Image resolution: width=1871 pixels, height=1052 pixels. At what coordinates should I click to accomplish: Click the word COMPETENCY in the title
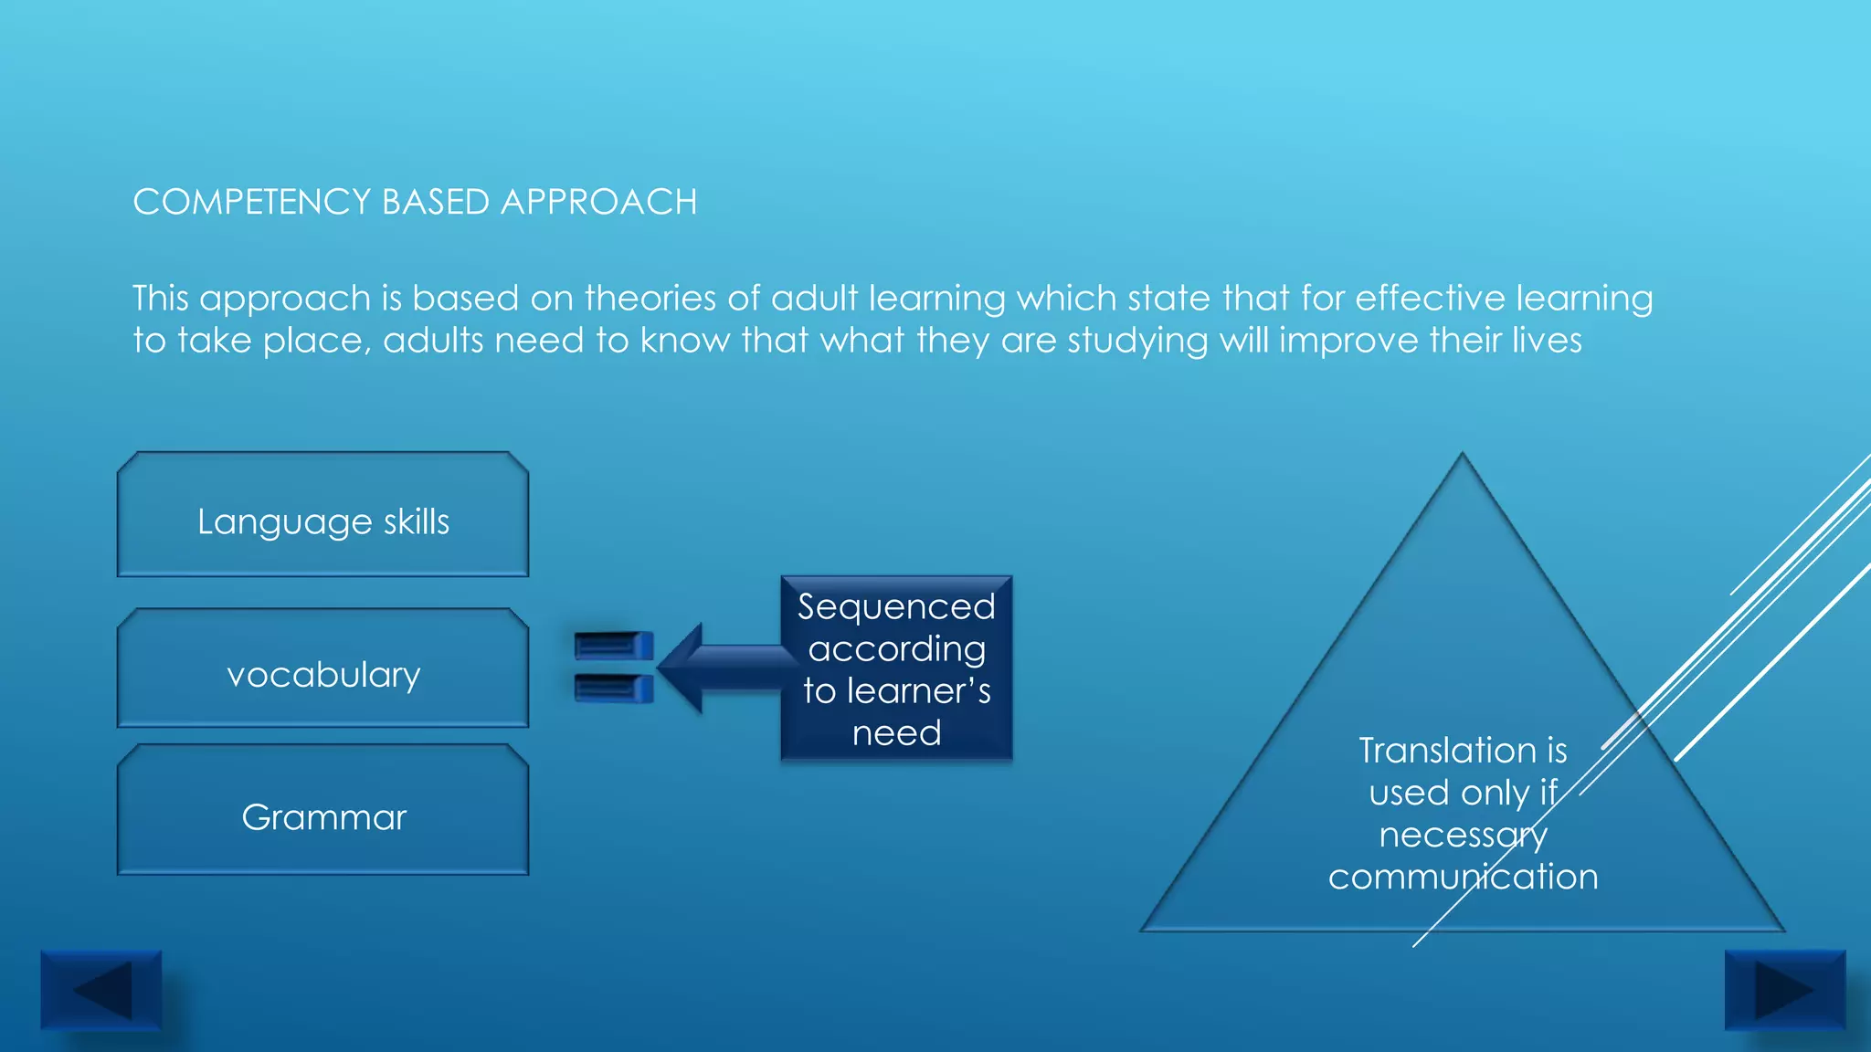(251, 202)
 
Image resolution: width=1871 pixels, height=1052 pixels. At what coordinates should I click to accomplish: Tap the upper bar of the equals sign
(613, 646)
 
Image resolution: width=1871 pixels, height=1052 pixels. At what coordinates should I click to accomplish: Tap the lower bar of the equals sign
(613, 688)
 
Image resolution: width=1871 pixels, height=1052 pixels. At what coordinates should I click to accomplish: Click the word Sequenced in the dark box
(896, 606)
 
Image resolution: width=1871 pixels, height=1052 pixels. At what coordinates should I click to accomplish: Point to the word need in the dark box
(896, 733)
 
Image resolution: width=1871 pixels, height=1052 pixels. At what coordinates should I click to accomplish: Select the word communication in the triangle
(1463, 877)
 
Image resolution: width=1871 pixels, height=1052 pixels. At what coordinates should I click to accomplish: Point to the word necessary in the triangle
(1463, 835)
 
